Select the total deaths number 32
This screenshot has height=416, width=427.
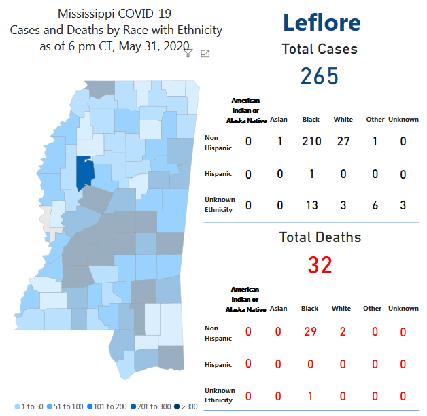pos(320,265)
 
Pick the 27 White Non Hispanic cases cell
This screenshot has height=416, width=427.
pos(343,141)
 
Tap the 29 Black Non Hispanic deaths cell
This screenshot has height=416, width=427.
pos(310,332)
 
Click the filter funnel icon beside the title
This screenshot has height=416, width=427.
pos(189,54)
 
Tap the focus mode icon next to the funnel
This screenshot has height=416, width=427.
pos(205,54)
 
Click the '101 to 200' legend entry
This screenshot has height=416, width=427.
pos(105,406)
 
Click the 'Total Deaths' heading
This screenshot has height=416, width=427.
pos(320,237)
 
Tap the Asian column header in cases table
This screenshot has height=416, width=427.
pos(279,120)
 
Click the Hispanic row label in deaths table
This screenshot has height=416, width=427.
pos(218,364)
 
